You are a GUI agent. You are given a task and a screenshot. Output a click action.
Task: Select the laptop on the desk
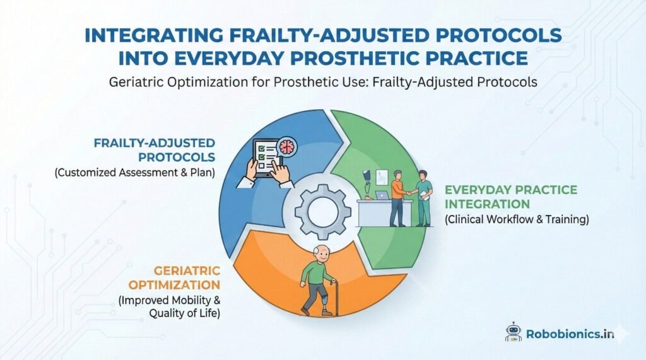pos(383,197)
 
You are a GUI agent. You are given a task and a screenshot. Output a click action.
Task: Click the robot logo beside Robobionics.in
pos(514,332)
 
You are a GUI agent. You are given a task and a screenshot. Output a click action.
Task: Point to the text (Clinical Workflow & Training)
pos(510,220)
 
